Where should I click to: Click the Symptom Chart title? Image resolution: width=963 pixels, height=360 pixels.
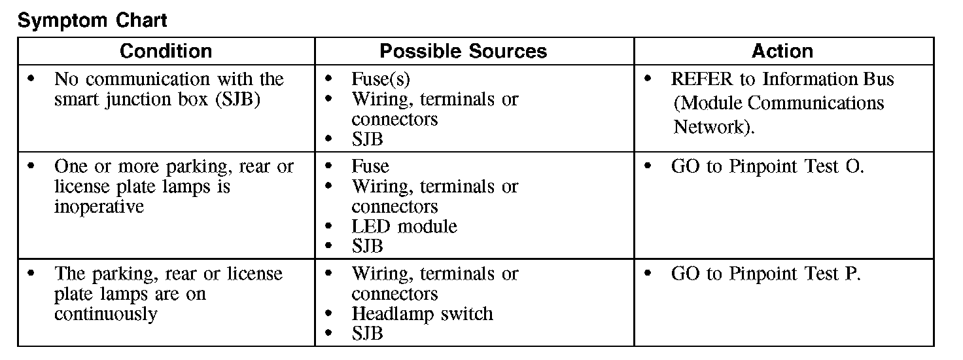tap(92, 20)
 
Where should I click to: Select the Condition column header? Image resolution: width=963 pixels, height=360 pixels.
tap(166, 51)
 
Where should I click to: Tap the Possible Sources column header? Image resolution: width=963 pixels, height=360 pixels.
tap(463, 51)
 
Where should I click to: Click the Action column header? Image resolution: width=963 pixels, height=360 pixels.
tap(782, 51)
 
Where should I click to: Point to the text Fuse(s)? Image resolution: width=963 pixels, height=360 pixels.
tap(381, 79)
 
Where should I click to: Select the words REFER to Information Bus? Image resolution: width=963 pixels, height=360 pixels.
tap(782, 79)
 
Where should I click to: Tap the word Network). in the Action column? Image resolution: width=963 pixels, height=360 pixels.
tap(714, 126)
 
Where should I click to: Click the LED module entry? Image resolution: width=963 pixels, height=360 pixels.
tap(404, 226)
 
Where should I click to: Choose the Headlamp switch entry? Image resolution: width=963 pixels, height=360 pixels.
tap(422, 314)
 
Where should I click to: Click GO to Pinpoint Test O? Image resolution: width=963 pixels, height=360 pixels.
tap(767, 166)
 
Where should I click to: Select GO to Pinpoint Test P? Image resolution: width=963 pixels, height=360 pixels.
tap(765, 274)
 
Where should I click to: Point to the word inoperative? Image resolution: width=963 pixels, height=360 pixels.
tap(99, 207)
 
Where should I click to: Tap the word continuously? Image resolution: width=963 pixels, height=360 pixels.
tap(105, 314)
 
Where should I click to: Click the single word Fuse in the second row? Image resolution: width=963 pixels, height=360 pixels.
tap(370, 166)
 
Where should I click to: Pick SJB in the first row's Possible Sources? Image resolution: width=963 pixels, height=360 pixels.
tap(367, 139)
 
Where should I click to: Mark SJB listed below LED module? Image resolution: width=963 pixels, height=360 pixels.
tap(367, 247)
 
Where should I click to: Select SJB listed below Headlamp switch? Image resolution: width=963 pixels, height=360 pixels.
tap(367, 333)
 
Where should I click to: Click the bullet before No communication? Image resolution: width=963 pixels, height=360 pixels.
tap(31, 79)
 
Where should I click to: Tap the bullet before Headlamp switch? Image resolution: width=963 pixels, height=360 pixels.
tap(329, 314)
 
